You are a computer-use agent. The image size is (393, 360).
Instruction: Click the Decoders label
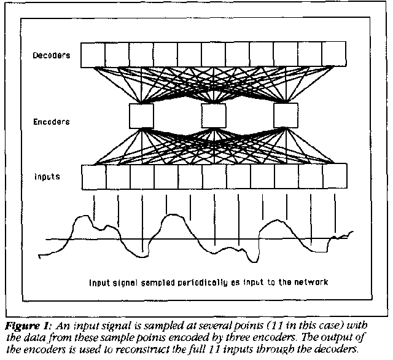52,56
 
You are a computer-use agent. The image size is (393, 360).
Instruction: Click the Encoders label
52,122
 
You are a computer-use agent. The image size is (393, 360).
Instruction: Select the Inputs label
47,177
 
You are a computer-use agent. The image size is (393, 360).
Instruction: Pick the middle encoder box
214,115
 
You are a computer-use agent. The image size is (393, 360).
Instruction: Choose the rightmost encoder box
286,115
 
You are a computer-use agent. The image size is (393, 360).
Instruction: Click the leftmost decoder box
93,55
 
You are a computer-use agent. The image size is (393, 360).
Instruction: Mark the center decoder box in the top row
214,55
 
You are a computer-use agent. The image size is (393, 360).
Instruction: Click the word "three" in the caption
253,335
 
